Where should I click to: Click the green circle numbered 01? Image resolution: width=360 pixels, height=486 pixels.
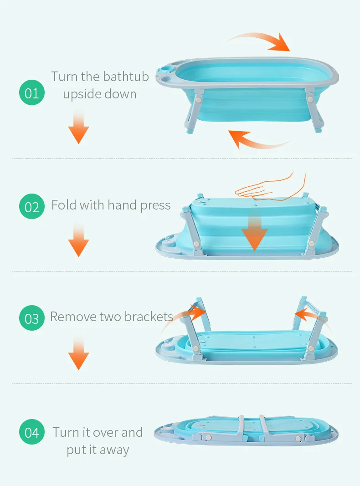(31, 92)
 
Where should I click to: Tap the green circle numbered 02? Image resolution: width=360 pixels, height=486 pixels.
(31, 206)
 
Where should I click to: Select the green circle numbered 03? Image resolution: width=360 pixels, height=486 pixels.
(31, 318)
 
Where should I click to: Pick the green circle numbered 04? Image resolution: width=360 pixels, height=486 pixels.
(31, 432)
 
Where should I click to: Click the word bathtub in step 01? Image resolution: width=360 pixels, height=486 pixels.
(126, 76)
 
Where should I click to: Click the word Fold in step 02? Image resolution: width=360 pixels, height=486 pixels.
(63, 205)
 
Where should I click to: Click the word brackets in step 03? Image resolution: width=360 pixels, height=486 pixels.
(149, 317)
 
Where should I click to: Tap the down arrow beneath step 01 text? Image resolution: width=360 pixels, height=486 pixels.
(79, 126)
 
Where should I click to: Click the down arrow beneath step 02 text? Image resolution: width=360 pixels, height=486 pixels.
(79, 239)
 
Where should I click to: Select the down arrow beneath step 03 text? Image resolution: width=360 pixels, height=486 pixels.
(79, 352)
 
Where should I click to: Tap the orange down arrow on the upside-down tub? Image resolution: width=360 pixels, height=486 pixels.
(255, 233)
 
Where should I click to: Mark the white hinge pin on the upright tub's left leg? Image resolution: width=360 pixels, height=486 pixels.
(198, 100)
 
